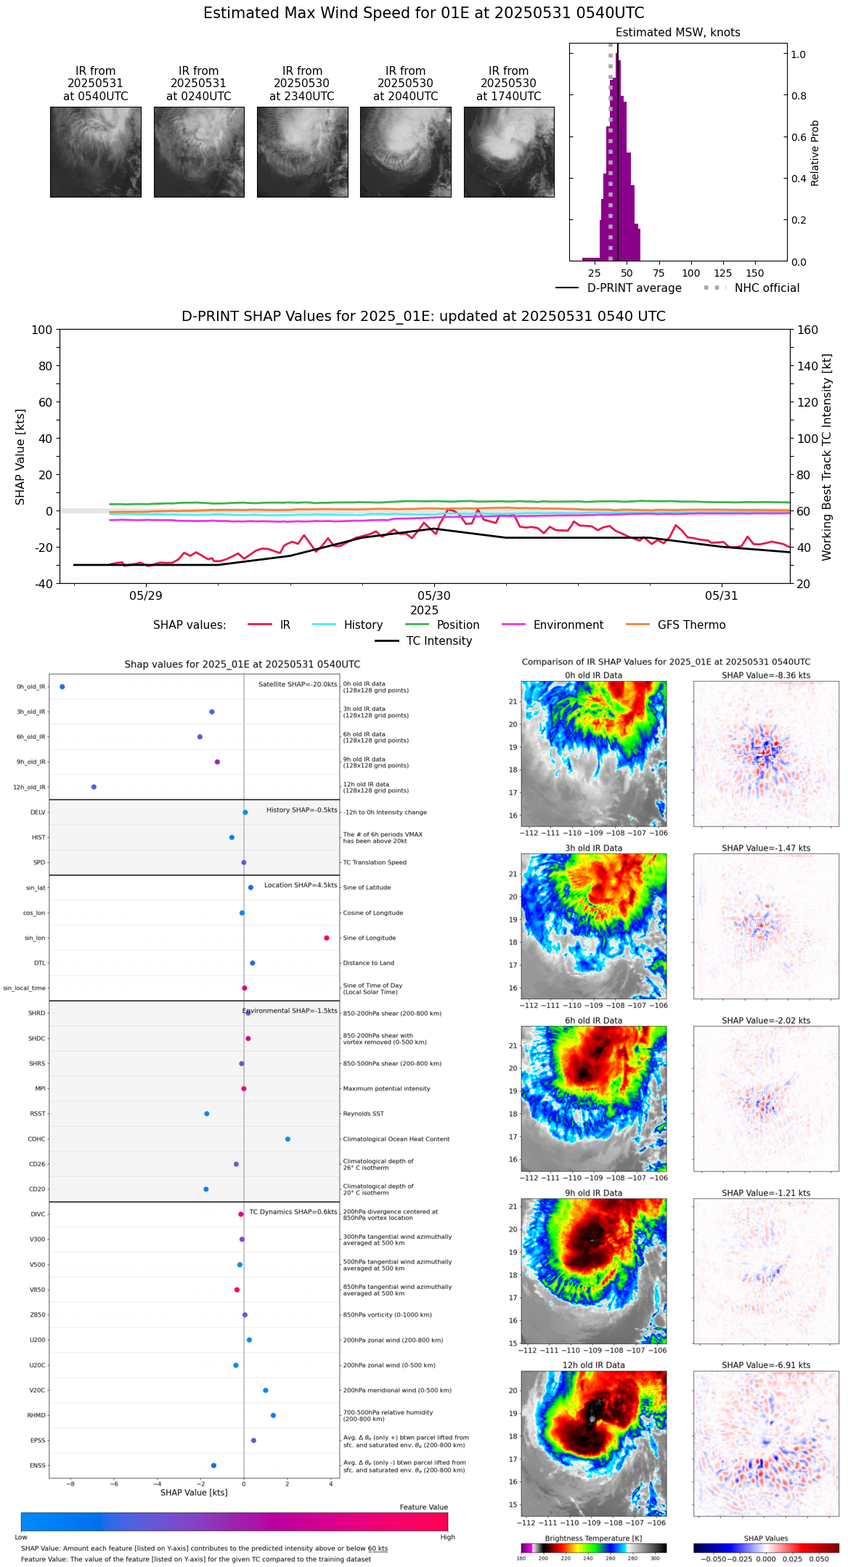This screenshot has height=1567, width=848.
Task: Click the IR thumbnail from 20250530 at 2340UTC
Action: tap(302, 152)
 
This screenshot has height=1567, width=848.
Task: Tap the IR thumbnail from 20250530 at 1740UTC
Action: tap(509, 152)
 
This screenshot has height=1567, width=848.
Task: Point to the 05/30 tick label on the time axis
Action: tap(434, 596)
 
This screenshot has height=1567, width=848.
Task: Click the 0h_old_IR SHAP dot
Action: tap(62, 687)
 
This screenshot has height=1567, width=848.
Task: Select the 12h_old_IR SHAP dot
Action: tap(94, 787)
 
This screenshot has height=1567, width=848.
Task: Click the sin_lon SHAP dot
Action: tap(327, 938)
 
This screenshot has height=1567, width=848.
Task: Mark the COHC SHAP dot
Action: tap(288, 1139)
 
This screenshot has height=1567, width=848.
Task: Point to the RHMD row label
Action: tap(36, 1415)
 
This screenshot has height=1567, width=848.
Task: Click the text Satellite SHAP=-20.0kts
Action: tap(298, 685)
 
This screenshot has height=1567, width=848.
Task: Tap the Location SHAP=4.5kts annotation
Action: tap(301, 885)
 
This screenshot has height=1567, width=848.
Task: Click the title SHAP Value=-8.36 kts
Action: tap(766, 675)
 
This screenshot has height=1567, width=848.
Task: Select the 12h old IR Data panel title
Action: tap(593, 1365)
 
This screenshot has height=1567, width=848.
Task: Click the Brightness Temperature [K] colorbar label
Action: tap(593, 1538)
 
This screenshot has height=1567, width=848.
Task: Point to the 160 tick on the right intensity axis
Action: tap(807, 330)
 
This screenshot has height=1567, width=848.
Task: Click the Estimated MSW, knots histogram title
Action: tap(677, 33)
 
